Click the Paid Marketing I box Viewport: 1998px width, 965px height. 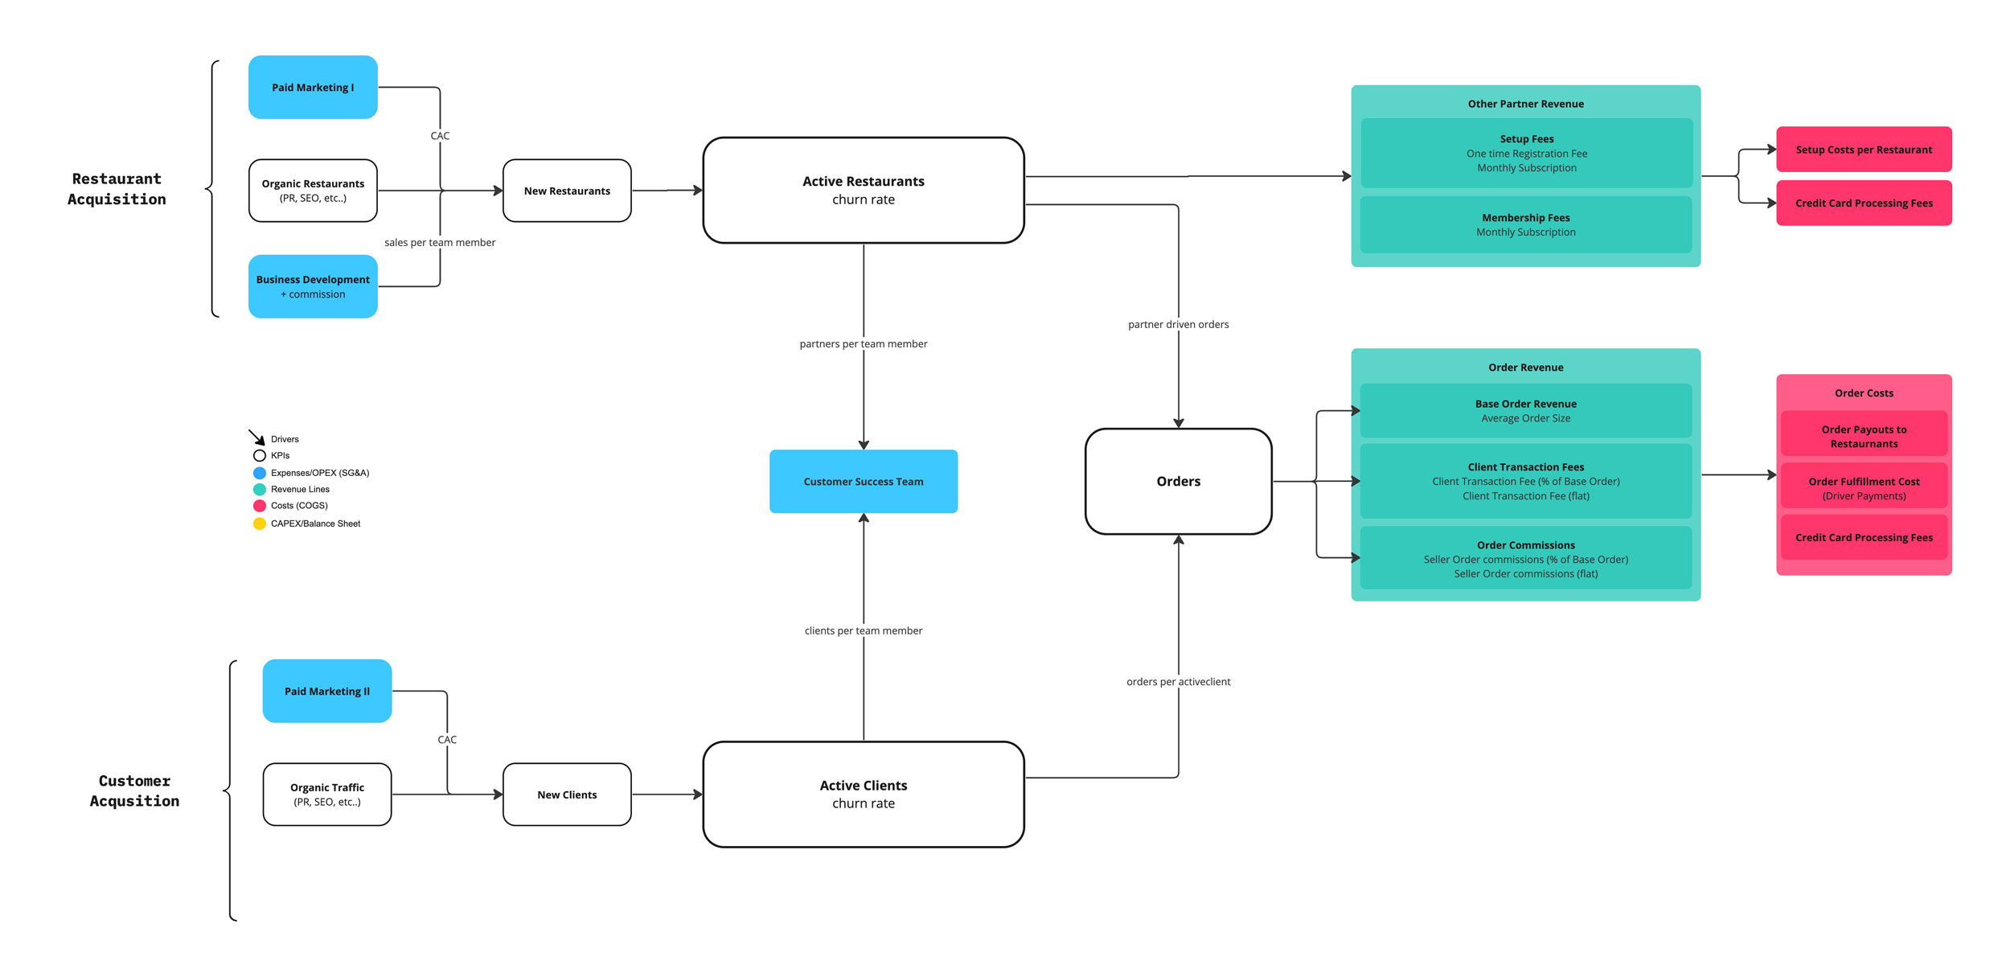click(x=313, y=87)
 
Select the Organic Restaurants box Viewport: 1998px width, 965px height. click(x=313, y=191)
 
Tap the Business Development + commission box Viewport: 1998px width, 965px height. click(x=313, y=286)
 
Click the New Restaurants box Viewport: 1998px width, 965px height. click(x=567, y=191)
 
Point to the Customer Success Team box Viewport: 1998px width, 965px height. click(x=863, y=481)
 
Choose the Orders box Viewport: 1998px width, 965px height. click(x=1178, y=481)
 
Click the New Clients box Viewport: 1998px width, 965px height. click(x=567, y=795)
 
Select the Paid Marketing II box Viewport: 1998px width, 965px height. click(x=327, y=691)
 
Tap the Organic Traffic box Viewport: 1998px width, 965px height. click(x=327, y=795)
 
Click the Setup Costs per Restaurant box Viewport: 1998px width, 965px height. click(x=1863, y=150)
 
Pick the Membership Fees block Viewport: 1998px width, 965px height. click(x=1525, y=224)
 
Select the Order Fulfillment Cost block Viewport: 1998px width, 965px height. click(x=1863, y=487)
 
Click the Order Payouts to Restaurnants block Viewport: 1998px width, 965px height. click(x=1863, y=436)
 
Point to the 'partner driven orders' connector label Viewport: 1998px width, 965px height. click(x=1178, y=324)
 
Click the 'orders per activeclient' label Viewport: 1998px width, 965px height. click(x=1178, y=681)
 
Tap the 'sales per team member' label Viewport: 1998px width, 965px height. click(x=440, y=242)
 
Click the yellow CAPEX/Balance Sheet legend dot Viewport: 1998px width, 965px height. click(x=260, y=524)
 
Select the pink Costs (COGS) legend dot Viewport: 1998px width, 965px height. click(x=260, y=506)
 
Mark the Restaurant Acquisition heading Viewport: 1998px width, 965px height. click(x=117, y=189)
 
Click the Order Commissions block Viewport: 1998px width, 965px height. click(x=1525, y=558)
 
